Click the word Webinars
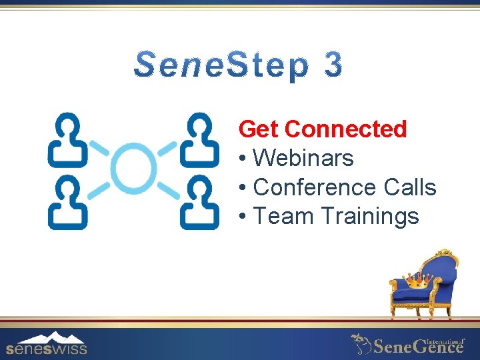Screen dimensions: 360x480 (303, 158)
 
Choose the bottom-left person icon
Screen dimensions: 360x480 (67, 203)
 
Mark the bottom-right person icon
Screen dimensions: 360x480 (199, 203)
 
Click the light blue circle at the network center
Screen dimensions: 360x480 (133, 170)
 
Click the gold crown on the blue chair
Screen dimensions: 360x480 (417, 282)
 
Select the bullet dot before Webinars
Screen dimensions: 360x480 (243, 159)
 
